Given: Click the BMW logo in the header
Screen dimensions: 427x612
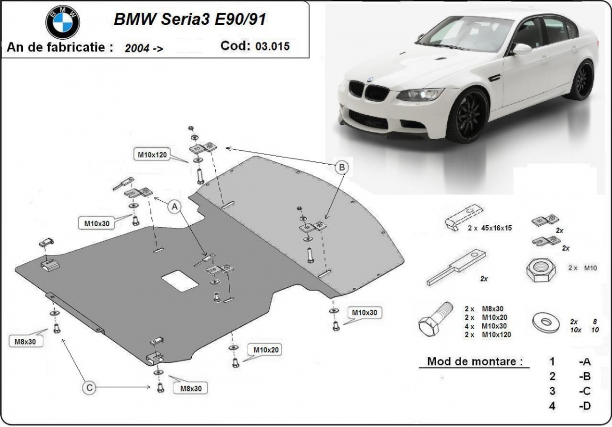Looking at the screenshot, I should pyautogui.click(x=63, y=22).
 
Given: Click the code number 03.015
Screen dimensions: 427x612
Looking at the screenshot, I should pyautogui.click(x=273, y=46).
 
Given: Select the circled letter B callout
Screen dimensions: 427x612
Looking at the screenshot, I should pyautogui.click(x=342, y=167).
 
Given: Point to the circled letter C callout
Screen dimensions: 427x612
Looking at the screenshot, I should pyautogui.click(x=90, y=389).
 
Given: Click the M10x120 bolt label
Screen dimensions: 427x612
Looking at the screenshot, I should pyautogui.click(x=152, y=155).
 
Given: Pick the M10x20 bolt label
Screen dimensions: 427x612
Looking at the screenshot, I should pyautogui.click(x=266, y=349).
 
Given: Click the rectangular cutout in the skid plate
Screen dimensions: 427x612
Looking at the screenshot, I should pyautogui.click(x=181, y=278).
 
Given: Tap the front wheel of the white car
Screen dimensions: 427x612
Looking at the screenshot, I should pyautogui.click(x=467, y=116).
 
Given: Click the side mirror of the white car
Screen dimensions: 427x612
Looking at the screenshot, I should pyautogui.click(x=521, y=49).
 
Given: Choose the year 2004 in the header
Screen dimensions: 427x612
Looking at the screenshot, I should pyautogui.click(x=137, y=48).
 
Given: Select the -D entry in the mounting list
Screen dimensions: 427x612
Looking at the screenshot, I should pyautogui.click(x=585, y=406).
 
